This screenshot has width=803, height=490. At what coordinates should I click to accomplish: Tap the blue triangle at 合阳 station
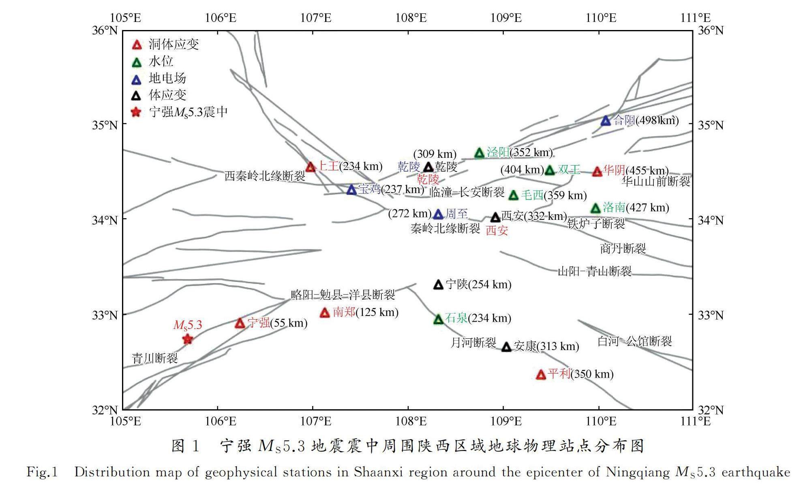coord(606,121)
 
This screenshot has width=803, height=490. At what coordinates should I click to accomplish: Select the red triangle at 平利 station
coord(541,375)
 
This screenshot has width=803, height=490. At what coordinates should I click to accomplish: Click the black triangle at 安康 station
coord(507,347)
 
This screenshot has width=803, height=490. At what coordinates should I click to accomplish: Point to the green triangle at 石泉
coord(438,320)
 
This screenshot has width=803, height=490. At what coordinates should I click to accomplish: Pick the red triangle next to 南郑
coord(325,313)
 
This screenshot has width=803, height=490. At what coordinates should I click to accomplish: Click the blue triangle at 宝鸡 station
coord(352,190)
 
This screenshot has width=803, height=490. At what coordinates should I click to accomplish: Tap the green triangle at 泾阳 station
coord(480,153)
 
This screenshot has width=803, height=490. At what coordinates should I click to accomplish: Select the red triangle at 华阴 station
coord(597,172)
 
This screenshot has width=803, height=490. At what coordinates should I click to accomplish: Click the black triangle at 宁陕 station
coord(438,285)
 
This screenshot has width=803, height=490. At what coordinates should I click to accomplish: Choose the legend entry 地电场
coord(167,78)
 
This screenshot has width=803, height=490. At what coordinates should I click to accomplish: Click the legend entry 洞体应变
coord(173,44)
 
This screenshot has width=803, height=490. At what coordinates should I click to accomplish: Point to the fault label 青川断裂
coord(155,358)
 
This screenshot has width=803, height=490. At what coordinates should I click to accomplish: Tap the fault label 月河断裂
coord(473,343)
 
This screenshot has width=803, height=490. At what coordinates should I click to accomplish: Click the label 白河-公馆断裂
coord(635,341)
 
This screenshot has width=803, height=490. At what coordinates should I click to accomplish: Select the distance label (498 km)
coord(657,120)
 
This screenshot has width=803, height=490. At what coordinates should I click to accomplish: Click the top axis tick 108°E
coord(411,18)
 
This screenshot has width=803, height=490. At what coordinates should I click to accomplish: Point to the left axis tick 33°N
coord(105,315)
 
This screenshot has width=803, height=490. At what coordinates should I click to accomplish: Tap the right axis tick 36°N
coord(711,30)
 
